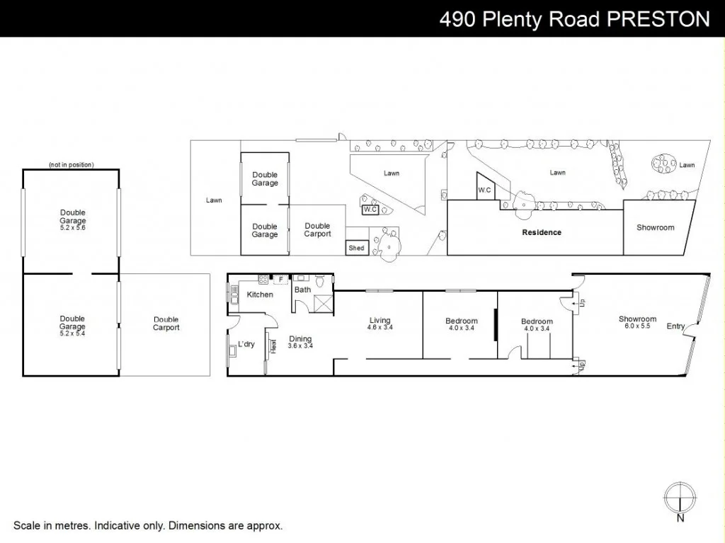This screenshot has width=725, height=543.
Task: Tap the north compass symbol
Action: click(x=680, y=496)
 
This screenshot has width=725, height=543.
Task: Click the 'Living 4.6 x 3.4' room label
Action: click(x=379, y=324)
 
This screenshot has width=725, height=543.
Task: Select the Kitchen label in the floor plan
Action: click(x=260, y=295)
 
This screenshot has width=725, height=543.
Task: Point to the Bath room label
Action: click(x=302, y=290)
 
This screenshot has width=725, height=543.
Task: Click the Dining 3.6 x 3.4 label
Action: click(x=300, y=343)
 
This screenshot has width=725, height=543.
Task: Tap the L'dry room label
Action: click(x=246, y=344)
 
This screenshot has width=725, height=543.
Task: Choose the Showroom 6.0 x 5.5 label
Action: click(x=637, y=323)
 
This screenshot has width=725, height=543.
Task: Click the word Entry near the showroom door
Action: click(x=675, y=326)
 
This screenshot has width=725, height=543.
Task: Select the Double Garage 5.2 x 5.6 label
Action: click(x=72, y=217)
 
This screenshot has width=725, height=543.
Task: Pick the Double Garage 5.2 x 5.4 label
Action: click(x=72, y=323)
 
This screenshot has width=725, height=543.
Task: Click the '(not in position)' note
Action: click(x=71, y=165)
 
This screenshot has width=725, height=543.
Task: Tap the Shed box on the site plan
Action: click(x=356, y=248)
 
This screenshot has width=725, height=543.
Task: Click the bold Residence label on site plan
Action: click(x=542, y=232)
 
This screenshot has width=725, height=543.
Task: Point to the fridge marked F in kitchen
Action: click(x=281, y=280)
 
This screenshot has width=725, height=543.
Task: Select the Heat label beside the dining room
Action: click(x=273, y=346)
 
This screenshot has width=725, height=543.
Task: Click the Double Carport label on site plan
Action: click(x=317, y=230)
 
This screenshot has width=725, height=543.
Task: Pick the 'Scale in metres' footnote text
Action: click(x=148, y=526)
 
